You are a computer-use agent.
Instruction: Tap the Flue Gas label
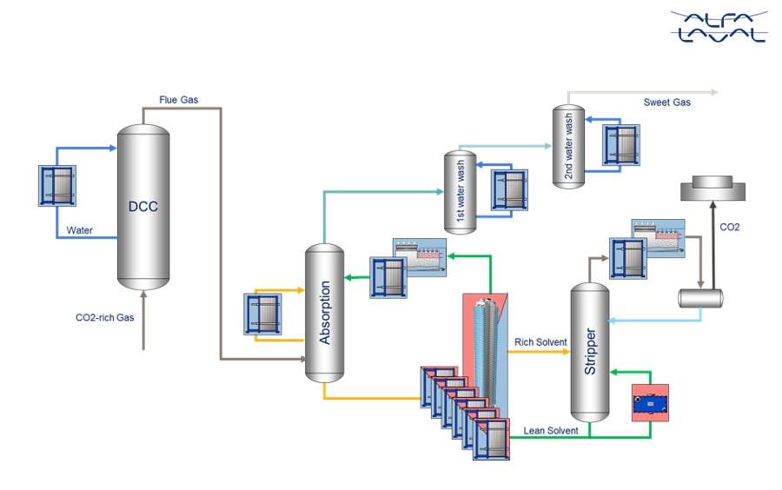pyautogui.click(x=178, y=100)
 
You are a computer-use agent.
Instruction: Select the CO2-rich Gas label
pyautogui.click(x=105, y=318)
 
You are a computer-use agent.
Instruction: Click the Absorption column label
pyautogui.click(x=326, y=313)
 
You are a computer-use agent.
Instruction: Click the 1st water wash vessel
pyautogui.click(x=460, y=192)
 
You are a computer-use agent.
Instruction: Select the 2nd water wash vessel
pyautogui.click(x=570, y=145)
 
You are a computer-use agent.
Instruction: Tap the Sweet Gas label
pyautogui.click(x=666, y=103)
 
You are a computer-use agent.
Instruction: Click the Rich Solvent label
pyautogui.click(x=540, y=342)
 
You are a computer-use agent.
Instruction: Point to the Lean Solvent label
pyautogui.click(x=551, y=430)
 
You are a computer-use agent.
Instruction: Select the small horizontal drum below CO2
pyautogui.click(x=701, y=296)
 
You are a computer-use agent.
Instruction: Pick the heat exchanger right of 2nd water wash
pyautogui.click(x=622, y=143)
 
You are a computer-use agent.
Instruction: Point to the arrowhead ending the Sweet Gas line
pyautogui.click(x=714, y=91)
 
